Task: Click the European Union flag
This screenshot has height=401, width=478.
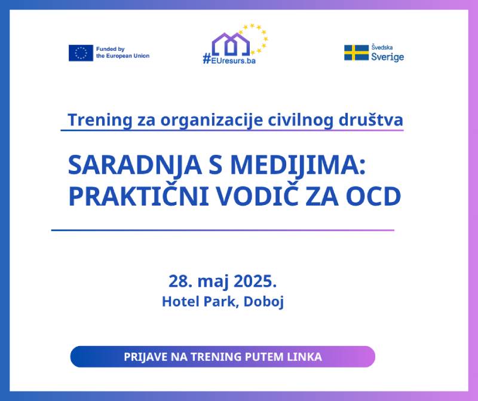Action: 81,53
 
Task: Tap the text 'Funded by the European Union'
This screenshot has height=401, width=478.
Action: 122,53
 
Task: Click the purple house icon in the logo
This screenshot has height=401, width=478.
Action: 231,42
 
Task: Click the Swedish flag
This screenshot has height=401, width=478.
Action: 356,53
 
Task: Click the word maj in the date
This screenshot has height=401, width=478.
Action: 209,281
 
